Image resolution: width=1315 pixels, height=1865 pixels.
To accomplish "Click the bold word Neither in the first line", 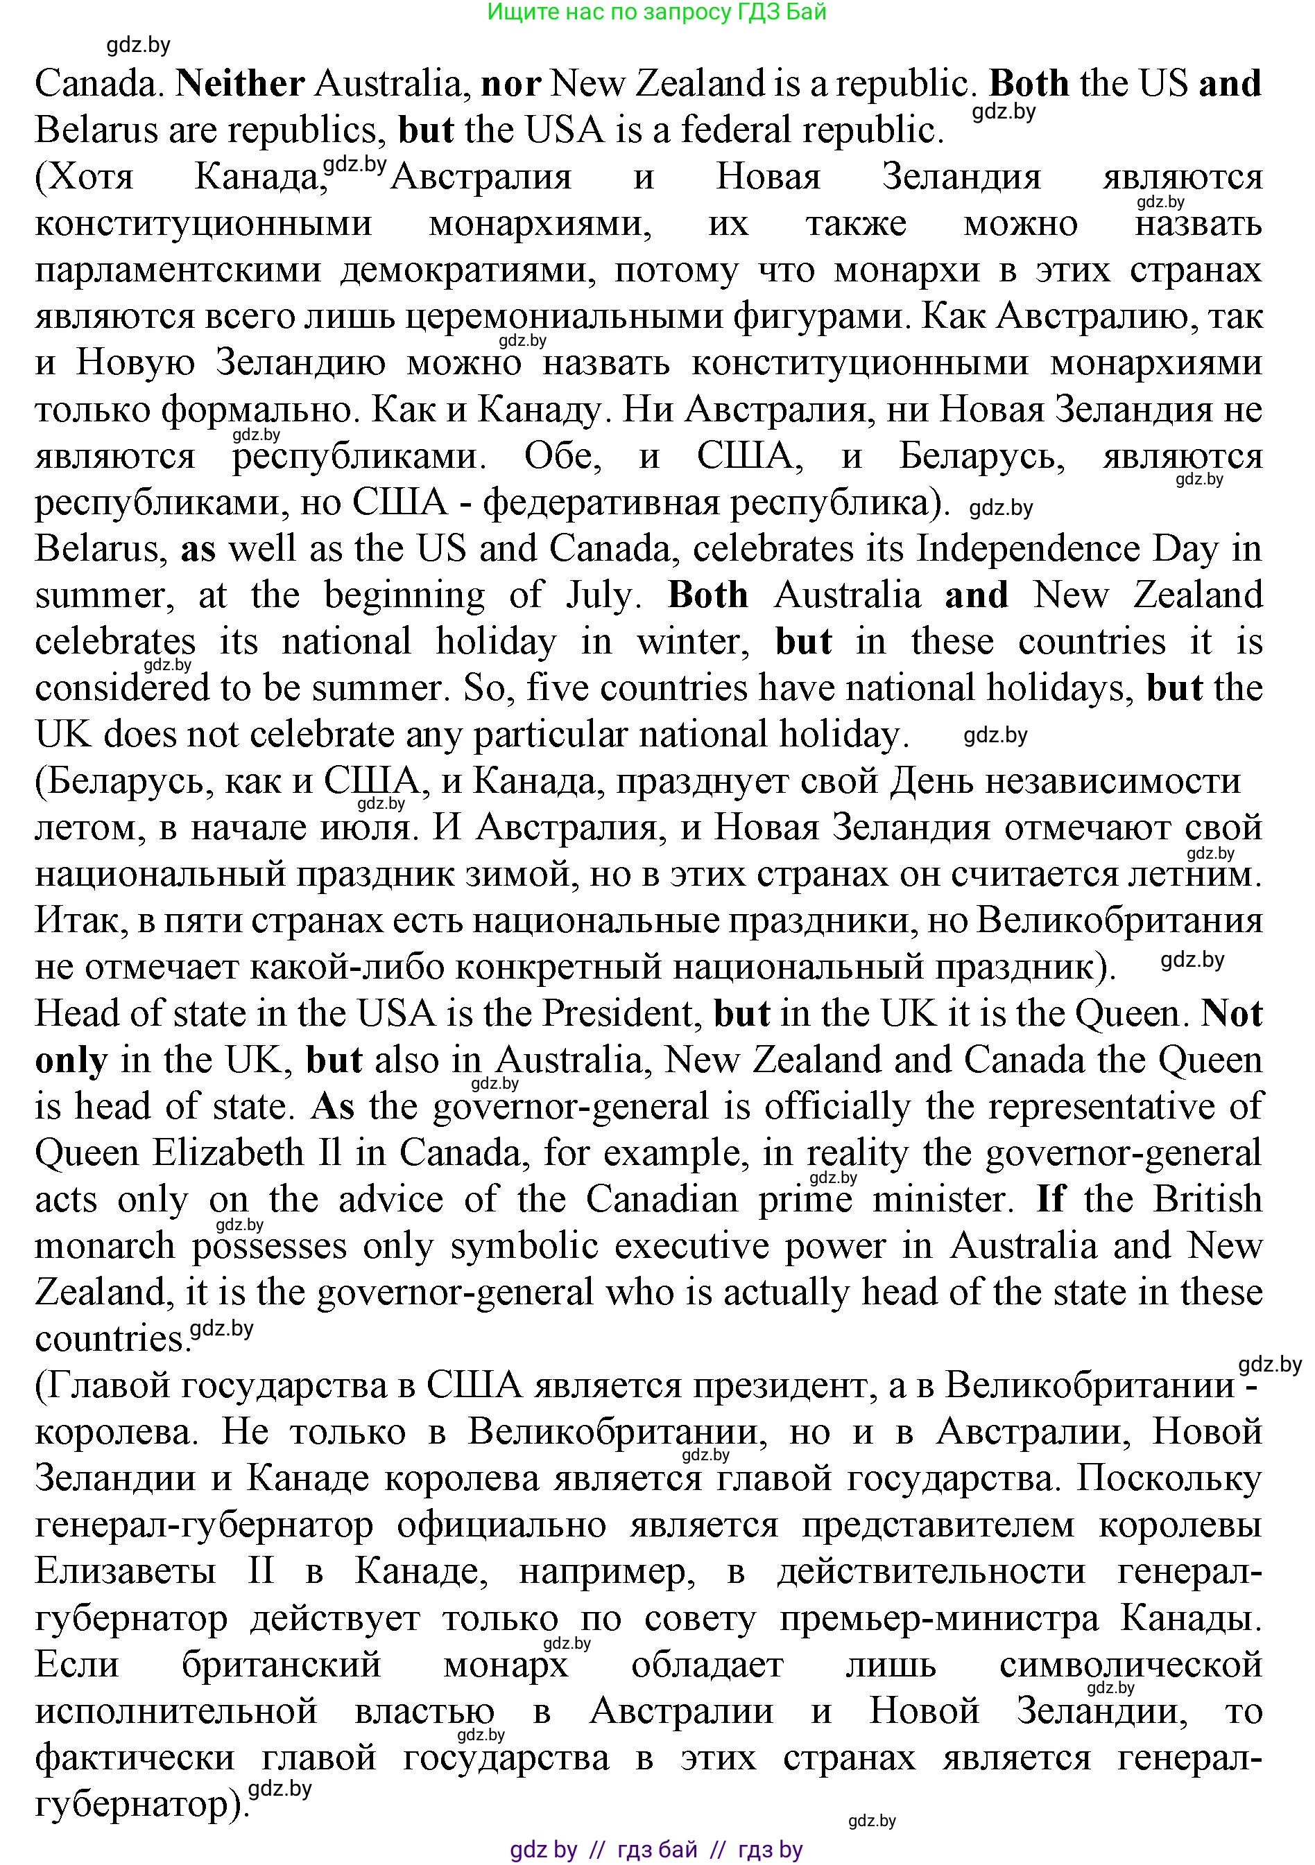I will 240,84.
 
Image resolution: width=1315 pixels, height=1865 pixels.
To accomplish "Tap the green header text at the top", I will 657,12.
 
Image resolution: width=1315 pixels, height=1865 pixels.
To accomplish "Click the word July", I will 600,595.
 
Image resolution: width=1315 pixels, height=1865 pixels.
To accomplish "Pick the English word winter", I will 691,642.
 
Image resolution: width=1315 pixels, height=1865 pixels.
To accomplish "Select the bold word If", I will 1050,1200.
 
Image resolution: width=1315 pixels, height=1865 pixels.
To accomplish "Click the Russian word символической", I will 1131,1666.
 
